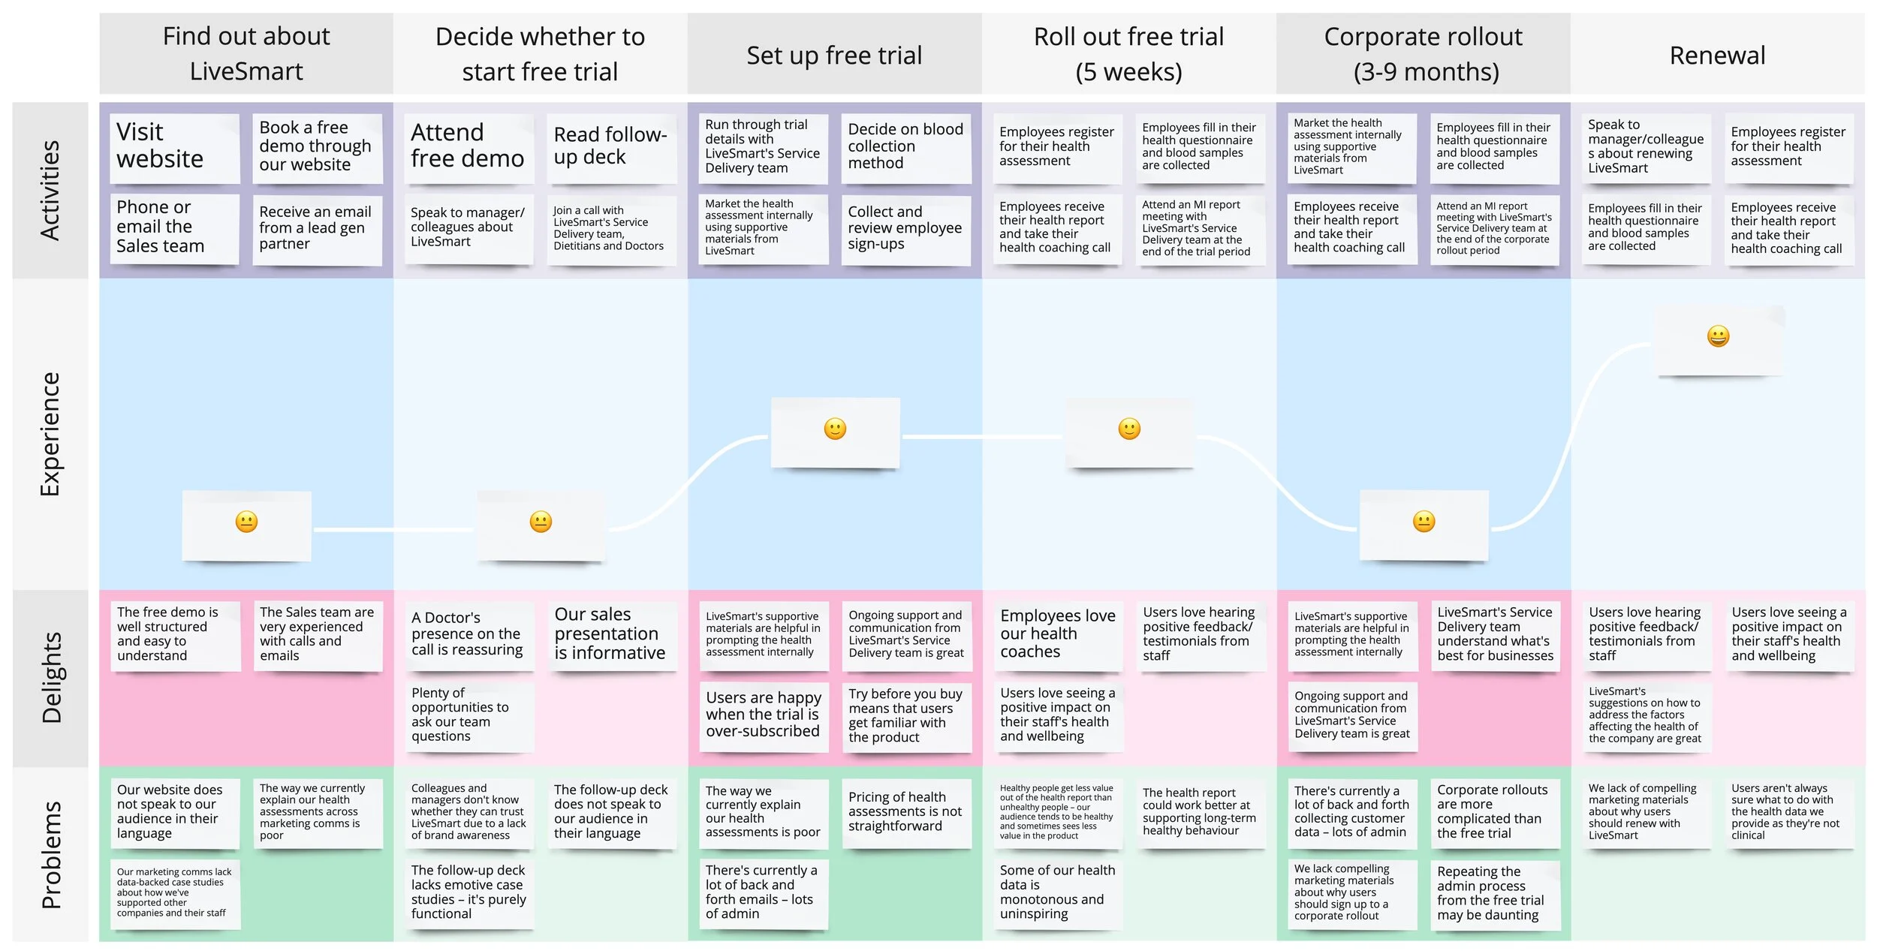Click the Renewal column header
point(1717,55)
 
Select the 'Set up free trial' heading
point(834,55)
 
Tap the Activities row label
point(50,190)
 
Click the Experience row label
point(50,434)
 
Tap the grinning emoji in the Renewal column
point(1718,336)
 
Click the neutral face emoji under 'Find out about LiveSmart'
point(246,522)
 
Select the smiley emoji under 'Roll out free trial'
point(1129,429)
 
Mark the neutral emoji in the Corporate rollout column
point(1424,522)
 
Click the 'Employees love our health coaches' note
point(1058,633)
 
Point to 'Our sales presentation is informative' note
point(610,633)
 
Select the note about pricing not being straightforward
point(905,811)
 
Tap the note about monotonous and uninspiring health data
point(1058,892)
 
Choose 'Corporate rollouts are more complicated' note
point(1493,811)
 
